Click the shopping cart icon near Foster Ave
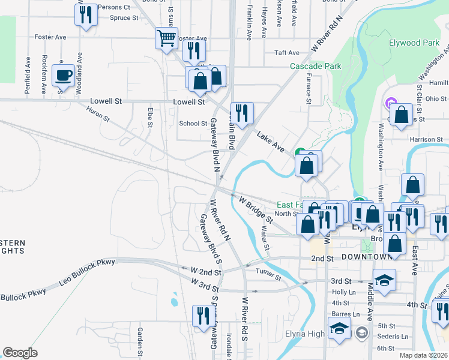[166, 38]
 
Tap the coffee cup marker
[63, 75]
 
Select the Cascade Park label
[315, 66]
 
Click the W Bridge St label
[256, 209]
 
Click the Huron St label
[97, 114]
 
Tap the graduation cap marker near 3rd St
[384, 280]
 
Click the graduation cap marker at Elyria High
[339, 328]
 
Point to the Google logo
[20, 353]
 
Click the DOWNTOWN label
[367, 257]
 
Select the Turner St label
[268, 277]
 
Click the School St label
[193, 124]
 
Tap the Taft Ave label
[286, 53]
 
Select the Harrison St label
[426, 139]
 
